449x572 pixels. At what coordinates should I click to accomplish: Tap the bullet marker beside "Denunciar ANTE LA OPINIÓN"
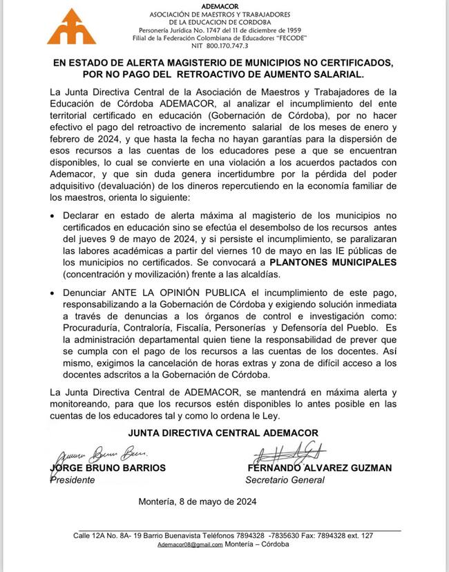click(56, 293)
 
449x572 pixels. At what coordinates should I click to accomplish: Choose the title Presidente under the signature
click(73, 480)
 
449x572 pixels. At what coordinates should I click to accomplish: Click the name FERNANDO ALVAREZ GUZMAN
click(318, 468)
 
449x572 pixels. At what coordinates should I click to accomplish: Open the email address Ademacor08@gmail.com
click(189, 544)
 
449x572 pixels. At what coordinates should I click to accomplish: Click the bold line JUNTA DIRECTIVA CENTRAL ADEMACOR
click(223, 433)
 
